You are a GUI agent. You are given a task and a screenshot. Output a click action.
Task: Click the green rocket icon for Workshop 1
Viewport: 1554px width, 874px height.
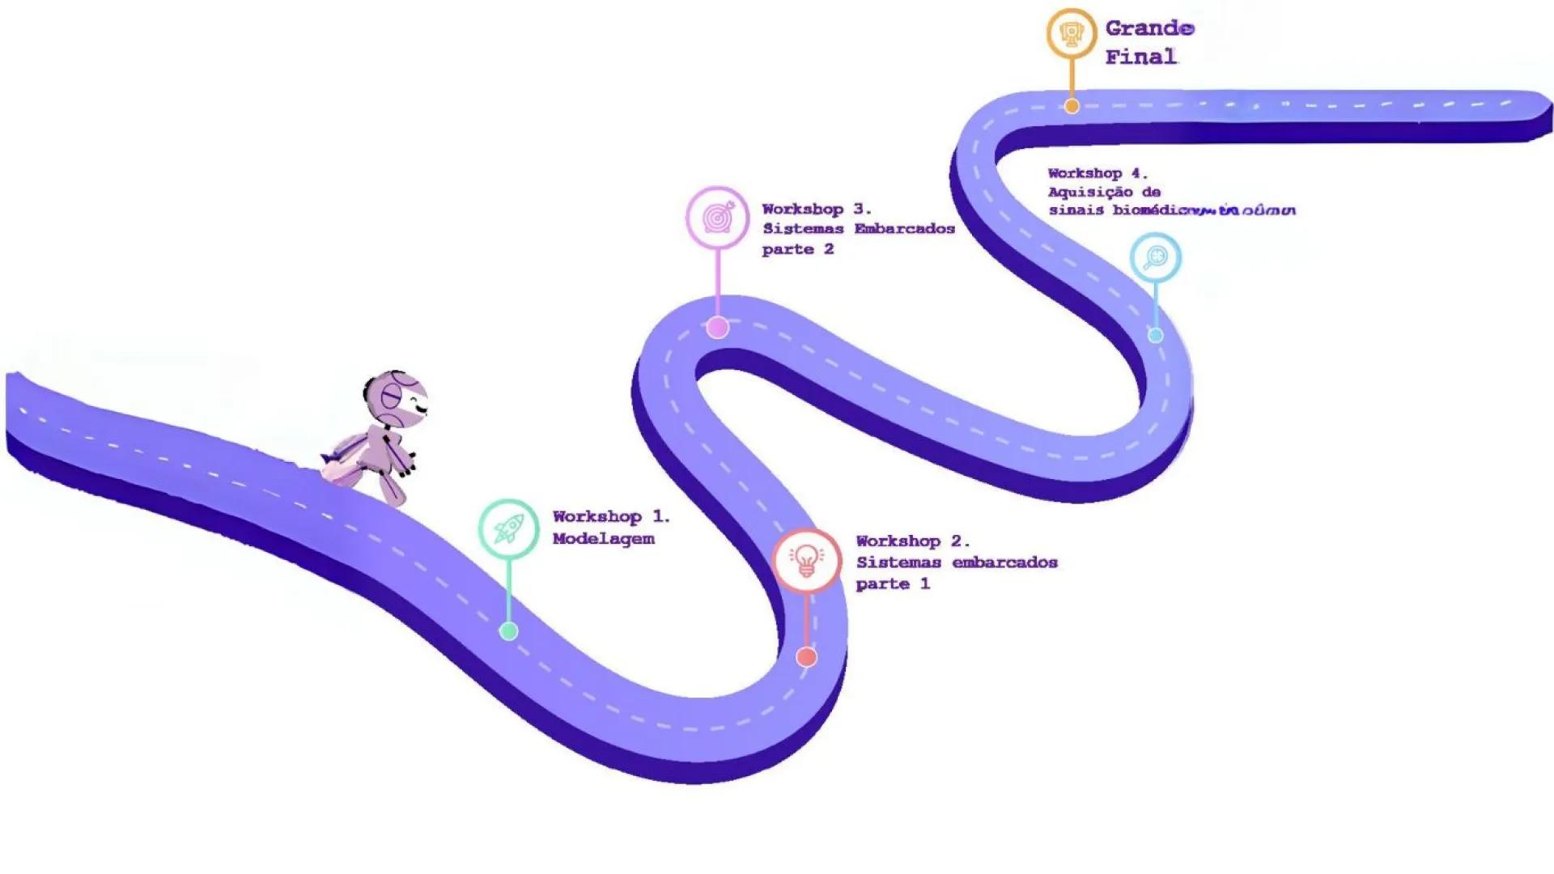click(508, 529)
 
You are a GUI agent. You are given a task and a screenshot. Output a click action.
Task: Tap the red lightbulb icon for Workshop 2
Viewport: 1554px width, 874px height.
click(806, 560)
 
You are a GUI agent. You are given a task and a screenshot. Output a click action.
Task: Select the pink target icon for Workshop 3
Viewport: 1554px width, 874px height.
click(717, 217)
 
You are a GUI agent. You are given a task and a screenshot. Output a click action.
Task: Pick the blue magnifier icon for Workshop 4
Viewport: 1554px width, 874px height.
click(1155, 257)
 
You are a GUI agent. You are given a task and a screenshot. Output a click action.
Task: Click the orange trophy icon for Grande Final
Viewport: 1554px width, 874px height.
click(1072, 34)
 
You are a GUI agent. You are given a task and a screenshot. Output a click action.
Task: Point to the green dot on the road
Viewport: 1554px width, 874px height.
click(508, 631)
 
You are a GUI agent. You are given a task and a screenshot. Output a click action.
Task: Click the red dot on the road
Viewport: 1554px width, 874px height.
click(806, 656)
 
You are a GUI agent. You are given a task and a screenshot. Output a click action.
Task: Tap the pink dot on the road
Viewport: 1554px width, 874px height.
click(717, 328)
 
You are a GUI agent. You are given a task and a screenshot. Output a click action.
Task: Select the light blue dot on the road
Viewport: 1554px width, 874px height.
click(1156, 335)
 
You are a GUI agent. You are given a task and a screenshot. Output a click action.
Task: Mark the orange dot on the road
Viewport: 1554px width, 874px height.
click(1072, 106)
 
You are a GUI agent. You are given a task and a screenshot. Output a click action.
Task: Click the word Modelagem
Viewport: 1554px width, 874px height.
click(603, 539)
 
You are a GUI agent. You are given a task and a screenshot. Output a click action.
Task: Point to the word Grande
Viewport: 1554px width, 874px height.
click(1149, 28)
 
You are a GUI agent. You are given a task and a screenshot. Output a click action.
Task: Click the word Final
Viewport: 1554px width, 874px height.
click(1140, 57)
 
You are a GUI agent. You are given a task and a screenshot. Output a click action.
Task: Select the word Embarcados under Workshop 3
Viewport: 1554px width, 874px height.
click(904, 229)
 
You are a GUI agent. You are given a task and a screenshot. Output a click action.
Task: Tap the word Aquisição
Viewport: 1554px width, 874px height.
click(1089, 192)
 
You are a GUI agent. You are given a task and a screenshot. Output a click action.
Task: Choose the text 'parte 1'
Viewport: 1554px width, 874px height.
click(892, 583)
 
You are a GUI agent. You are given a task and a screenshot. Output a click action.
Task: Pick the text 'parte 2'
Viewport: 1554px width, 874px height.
click(797, 249)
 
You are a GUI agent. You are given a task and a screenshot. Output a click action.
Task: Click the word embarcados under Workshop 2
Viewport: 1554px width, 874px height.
click(1004, 562)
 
